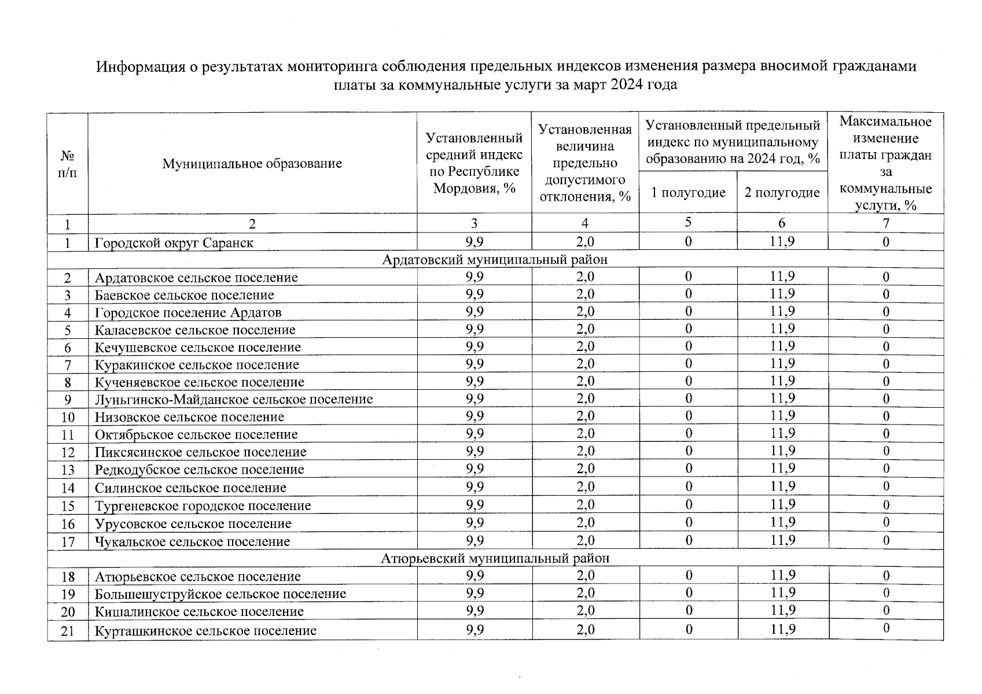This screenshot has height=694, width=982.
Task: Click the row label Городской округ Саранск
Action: click(x=174, y=243)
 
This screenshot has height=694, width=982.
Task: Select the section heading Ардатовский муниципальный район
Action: click(x=495, y=260)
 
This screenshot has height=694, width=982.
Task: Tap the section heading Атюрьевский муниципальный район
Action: click(x=495, y=559)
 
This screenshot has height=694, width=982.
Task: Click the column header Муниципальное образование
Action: click(x=252, y=164)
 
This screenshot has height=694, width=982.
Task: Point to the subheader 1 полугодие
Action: click(x=688, y=193)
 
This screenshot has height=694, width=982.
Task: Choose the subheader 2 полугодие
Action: click(x=782, y=193)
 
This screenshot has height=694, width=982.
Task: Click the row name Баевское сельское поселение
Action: click(x=184, y=296)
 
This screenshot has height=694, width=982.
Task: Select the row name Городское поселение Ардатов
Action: click(x=188, y=313)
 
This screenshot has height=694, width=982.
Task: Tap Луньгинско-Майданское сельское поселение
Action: click(x=234, y=400)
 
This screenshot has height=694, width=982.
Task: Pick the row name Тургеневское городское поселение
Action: click(x=203, y=506)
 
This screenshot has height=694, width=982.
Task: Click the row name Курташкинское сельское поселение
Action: click(x=205, y=631)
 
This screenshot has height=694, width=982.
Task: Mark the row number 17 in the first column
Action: click(x=68, y=542)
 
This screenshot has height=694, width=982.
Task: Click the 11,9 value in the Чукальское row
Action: click(x=782, y=541)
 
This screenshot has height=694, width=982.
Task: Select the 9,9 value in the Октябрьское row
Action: click(x=474, y=434)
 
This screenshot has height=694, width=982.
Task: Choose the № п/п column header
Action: click(x=68, y=164)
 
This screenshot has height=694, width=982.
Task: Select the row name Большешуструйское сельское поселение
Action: click(x=220, y=594)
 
